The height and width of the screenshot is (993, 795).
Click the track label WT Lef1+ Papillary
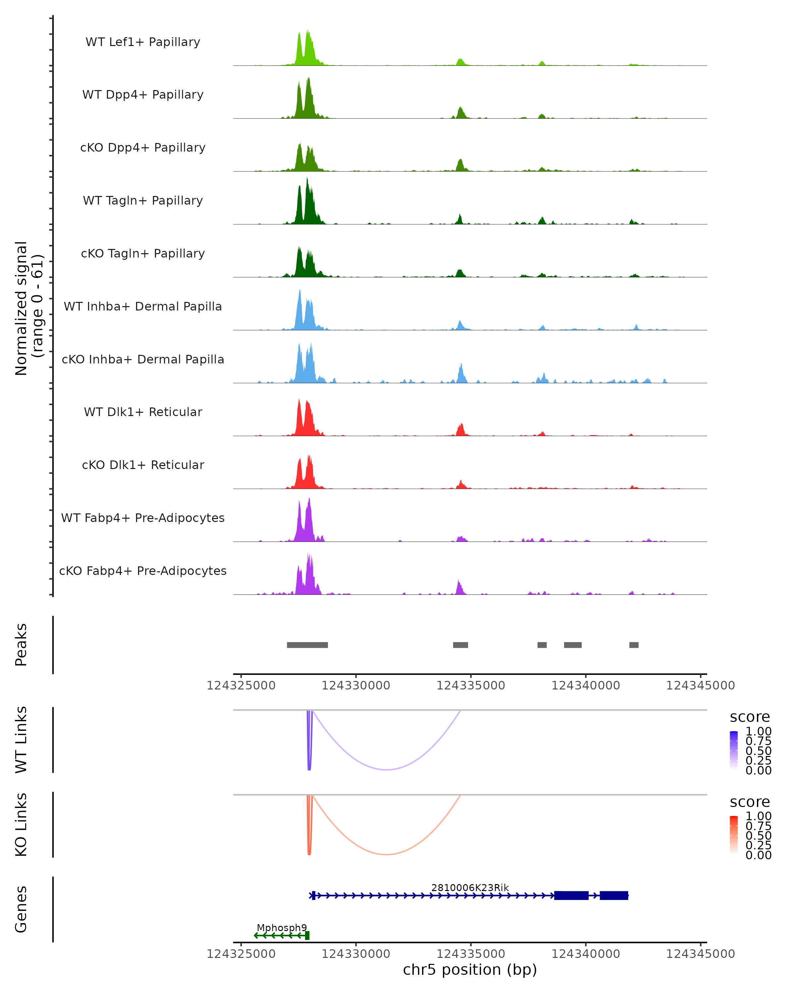point(143,42)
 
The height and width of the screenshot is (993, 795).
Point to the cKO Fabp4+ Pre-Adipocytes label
point(143,571)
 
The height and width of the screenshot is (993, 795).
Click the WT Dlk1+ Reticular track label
point(143,412)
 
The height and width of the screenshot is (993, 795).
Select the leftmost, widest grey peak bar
point(307,645)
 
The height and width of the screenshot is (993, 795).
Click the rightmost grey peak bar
point(634,645)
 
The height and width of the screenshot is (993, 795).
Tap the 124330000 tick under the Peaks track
point(356,686)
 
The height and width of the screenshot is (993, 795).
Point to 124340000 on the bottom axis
point(586,954)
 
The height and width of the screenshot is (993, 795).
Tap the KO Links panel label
point(21,825)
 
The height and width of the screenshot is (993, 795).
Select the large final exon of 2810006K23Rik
point(614,895)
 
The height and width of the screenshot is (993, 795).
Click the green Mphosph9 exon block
point(307,935)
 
